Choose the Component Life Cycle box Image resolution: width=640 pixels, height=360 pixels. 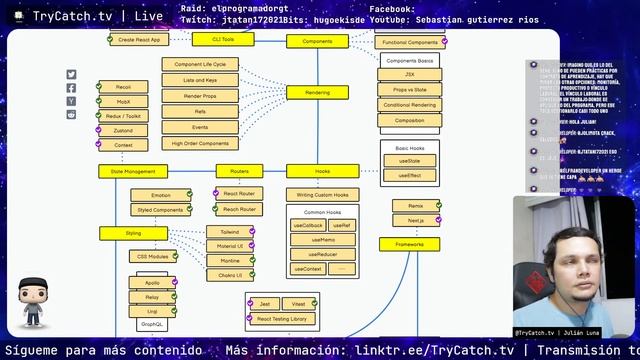pos(200,64)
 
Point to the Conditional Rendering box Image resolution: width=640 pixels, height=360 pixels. pos(410,105)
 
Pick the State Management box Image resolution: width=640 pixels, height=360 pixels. pos(126,171)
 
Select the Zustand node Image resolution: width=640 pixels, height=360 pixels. pos(124,130)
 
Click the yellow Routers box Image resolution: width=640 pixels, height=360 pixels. pos(239,171)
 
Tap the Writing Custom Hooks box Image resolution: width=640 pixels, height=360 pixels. pos(323,194)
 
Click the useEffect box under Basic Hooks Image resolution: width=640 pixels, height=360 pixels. pos(410,175)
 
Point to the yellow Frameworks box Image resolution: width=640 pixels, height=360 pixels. pos(409,244)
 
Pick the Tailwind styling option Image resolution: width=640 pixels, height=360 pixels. pos(230,231)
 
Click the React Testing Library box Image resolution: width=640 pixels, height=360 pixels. pos(282,318)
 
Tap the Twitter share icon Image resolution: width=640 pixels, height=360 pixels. pos(71,75)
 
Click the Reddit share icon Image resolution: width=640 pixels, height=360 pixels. pos(71,114)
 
